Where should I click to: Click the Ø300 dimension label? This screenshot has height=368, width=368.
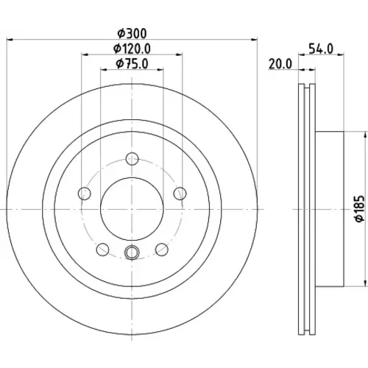(132, 34)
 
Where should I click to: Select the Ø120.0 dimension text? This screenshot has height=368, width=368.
(132, 49)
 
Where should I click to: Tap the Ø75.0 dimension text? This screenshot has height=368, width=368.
(132, 64)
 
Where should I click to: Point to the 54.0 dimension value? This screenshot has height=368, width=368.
(321, 49)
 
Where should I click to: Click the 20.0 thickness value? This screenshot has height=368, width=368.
(280, 64)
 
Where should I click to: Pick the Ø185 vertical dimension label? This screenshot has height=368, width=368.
(360, 209)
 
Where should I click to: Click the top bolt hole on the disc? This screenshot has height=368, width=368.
(132, 159)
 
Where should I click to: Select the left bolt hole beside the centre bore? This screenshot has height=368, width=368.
(85, 194)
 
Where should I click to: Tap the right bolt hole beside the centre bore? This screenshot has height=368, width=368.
(180, 194)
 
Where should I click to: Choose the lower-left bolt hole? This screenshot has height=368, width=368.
(103, 250)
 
